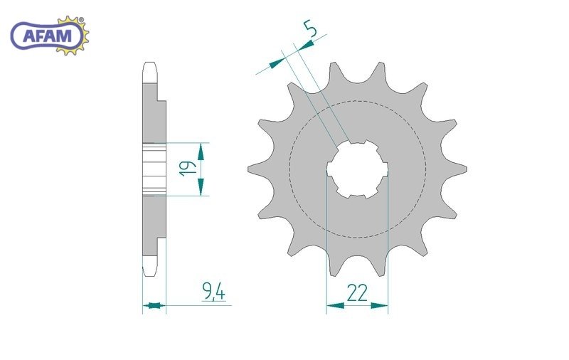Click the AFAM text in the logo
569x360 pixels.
(x=47, y=36)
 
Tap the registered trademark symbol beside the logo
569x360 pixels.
(x=81, y=20)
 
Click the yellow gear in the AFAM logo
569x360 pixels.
(x=75, y=36)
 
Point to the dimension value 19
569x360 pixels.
(x=188, y=169)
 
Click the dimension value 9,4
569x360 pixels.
(x=214, y=292)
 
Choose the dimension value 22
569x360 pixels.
(x=357, y=293)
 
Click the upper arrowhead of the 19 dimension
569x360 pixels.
(x=201, y=152)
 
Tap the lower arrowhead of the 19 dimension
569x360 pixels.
(x=201, y=186)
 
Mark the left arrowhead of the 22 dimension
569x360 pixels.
(x=335, y=306)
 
